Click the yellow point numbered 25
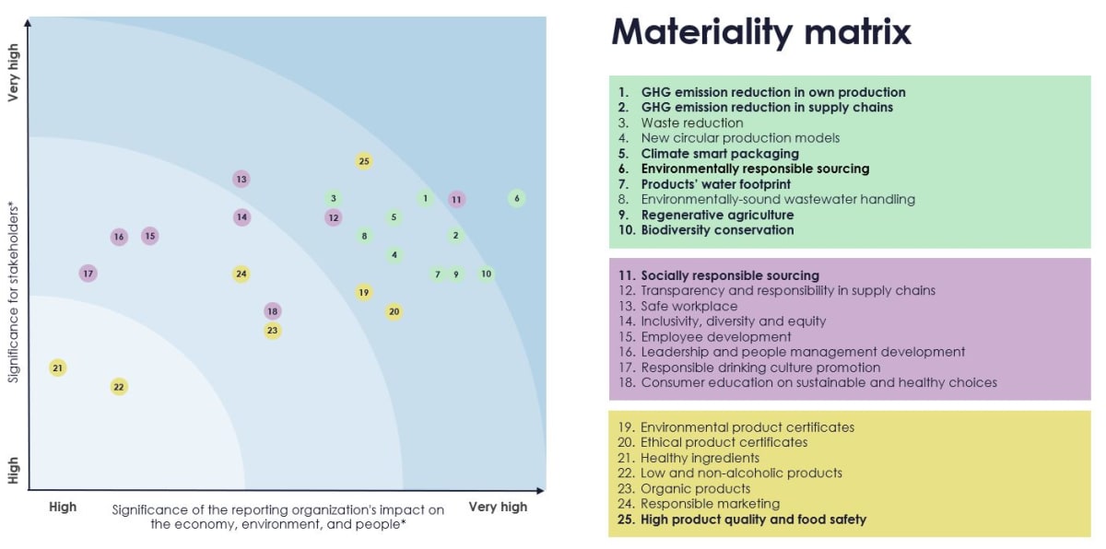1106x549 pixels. click(364, 161)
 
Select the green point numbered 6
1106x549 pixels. click(517, 198)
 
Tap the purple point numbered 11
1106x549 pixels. click(456, 199)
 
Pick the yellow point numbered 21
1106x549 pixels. click(58, 368)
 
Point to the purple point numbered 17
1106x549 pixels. click(88, 274)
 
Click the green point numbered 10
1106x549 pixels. click(486, 274)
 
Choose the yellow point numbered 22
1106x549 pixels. click(119, 387)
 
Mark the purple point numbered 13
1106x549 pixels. click(241, 179)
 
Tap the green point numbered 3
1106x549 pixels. click(333, 198)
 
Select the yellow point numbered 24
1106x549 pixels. click(241, 274)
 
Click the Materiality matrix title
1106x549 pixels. click(761, 32)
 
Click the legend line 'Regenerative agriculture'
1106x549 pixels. click(717, 215)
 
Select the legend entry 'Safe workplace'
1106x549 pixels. click(688, 306)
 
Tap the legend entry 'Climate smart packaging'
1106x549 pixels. click(719, 154)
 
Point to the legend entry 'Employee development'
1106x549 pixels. click(715, 337)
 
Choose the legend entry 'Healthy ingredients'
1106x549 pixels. click(700, 458)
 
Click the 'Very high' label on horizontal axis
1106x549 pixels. click(498, 507)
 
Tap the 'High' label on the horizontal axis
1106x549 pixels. click(63, 507)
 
